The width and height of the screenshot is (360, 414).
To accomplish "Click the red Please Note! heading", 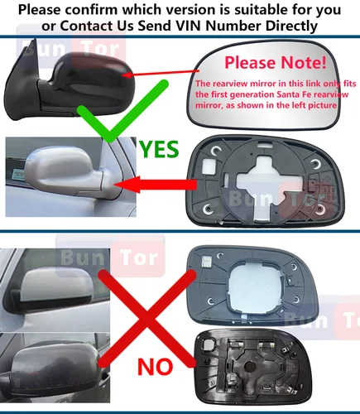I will [x=275, y=62].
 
